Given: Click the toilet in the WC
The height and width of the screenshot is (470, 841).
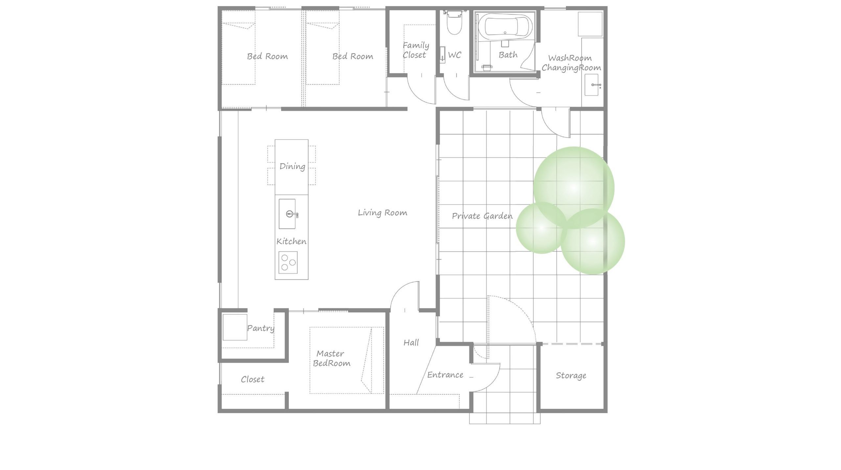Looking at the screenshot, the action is pos(455,23).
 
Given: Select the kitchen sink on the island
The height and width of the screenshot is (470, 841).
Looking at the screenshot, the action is pos(287,214).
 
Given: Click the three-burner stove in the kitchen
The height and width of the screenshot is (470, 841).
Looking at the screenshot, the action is pos(288,262).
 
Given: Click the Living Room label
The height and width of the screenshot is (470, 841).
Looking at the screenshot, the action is pos(382,213).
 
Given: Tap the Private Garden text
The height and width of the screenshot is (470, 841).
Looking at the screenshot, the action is pos(482,216).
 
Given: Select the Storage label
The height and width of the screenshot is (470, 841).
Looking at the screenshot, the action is pos(571,376).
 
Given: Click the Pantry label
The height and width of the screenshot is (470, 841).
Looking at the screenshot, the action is pos(261,328).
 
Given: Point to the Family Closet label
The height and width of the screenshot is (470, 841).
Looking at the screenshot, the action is pos(416,50).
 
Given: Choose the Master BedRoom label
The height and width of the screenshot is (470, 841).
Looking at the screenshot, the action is pos(331,358).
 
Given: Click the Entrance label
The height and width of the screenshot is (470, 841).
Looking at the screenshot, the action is pos(445,375).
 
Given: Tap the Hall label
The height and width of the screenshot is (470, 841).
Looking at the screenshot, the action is pos(411,342).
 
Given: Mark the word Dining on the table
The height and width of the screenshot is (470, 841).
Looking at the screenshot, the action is pos(292,166).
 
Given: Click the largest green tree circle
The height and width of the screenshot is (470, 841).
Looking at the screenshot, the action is pos(574,188).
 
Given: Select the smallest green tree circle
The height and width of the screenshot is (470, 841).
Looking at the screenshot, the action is pos(541,228).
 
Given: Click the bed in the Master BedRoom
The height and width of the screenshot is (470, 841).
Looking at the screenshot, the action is pos(347,360).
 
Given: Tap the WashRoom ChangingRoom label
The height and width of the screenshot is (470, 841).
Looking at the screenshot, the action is pos(571,63).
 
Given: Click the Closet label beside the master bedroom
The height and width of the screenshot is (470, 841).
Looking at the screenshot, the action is pos(252,379).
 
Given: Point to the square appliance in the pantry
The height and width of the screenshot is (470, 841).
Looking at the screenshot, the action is pos(235,327).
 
